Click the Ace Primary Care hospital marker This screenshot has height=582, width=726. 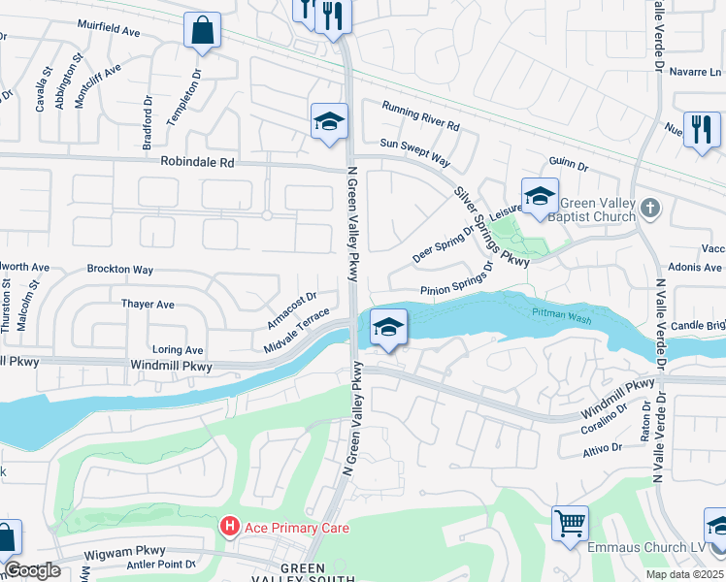(230, 528)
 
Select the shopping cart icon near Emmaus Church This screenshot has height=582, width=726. (570, 523)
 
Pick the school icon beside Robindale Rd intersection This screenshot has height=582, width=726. (329, 122)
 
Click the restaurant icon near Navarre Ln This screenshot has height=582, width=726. (702, 129)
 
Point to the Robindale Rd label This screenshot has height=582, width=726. (198, 164)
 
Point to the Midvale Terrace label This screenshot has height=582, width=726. (297, 332)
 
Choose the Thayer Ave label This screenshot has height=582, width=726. (148, 305)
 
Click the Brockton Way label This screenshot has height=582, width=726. (120, 269)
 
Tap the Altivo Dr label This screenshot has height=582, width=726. (603, 447)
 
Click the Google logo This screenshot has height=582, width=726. (33, 571)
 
